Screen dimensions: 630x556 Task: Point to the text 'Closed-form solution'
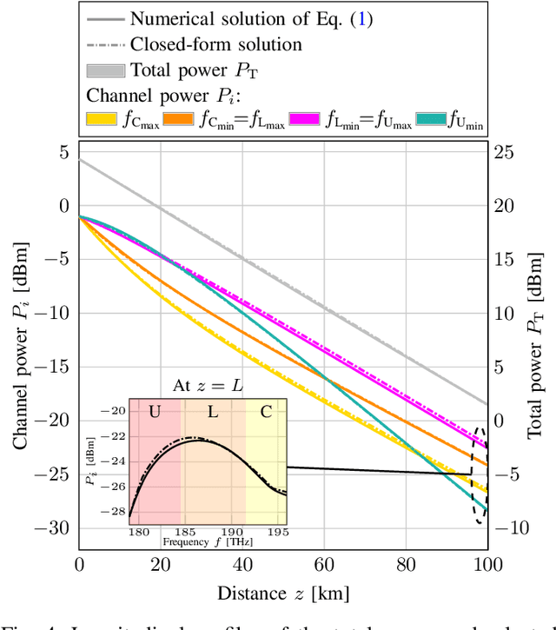[216, 44]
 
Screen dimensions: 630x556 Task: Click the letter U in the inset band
[156, 410]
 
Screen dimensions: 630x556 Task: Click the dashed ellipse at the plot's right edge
[480, 474]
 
